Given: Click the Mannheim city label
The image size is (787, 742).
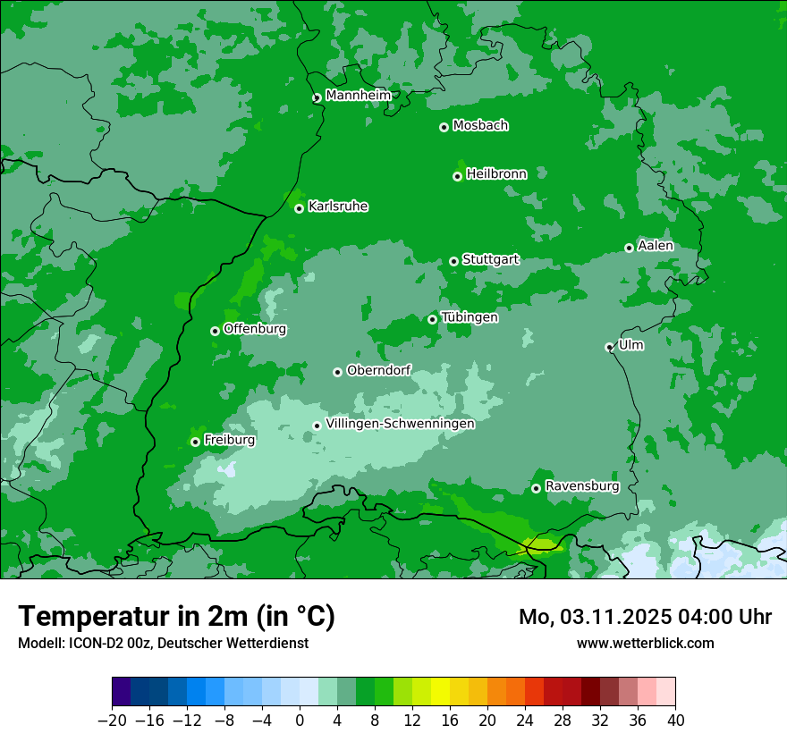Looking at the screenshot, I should [x=358, y=96].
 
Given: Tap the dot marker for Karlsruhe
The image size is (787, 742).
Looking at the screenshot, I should [x=300, y=208].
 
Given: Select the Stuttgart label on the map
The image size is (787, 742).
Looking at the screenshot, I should [x=490, y=260].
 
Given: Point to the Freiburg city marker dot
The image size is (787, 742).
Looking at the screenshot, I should [x=195, y=442].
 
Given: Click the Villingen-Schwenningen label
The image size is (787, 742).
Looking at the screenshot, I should [x=400, y=424].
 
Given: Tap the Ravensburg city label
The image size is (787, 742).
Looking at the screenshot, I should [x=581, y=486].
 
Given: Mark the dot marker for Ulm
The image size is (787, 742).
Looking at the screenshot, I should [x=610, y=347].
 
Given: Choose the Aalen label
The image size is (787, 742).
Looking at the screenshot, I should [x=656, y=246].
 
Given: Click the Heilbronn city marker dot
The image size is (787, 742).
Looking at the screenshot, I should [x=457, y=176].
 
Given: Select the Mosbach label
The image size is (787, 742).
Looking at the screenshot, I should [x=480, y=126].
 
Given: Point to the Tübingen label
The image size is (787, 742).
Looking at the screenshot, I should [x=470, y=317].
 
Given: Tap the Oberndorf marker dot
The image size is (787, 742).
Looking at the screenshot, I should [x=337, y=372].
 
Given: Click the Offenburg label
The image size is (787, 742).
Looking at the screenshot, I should [x=255, y=329].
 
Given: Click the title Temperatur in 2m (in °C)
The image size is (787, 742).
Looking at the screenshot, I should [x=177, y=616].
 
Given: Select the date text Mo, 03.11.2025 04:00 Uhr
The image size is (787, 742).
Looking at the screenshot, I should [x=645, y=617].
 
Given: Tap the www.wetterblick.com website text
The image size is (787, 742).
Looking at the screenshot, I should [x=645, y=643].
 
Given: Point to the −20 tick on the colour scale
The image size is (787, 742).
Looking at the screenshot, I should [x=113, y=721].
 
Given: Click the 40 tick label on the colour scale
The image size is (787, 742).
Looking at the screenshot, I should [x=675, y=721].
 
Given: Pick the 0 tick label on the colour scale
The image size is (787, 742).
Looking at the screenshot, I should [x=300, y=721].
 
